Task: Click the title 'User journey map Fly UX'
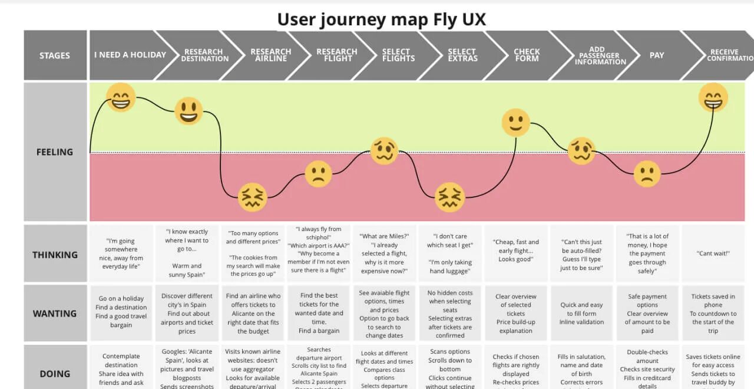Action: pyautogui.click(x=381, y=19)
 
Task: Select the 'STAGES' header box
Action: pyautogui.click(x=55, y=55)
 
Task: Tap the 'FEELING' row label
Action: pyautogui.click(x=55, y=152)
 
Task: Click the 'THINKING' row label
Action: pyautogui.click(x=55, y=255)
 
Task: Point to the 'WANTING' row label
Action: pyautogui.click(x=55, y=313)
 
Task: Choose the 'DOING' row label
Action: pyautogui.click(x=55, y=373)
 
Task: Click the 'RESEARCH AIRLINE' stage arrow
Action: pyautogui.click(x=270, y=55)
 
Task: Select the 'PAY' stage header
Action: pyautogui.click(x=656, y=55)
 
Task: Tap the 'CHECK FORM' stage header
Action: pyautogui.click(x=527, y=55)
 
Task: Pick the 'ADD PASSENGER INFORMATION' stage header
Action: pyautogui.click(x=600, y=55)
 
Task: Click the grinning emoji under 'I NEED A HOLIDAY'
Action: pyautogui.click(x=121, y=97)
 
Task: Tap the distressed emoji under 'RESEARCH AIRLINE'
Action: pyautogui.click(x=253, y=197)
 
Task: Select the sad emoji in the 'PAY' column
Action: pyautogui.click(x=647, y=174)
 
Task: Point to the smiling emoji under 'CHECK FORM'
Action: pyautogui.click(x=516, y=123)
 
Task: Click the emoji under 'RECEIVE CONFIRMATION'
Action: pyautogui.click(x=713, y=97)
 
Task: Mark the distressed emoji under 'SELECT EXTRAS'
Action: pyautogui.click(x=449, y=197)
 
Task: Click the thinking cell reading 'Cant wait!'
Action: pyautogui.click(x=713, y=253)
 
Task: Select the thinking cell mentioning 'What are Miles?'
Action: pyautogui.click(x=384, y=253)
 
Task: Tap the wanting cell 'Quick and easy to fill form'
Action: pyautogui.click(x=581, y=313)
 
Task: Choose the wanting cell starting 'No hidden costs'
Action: pyautogui.click(x=450, y=314)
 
